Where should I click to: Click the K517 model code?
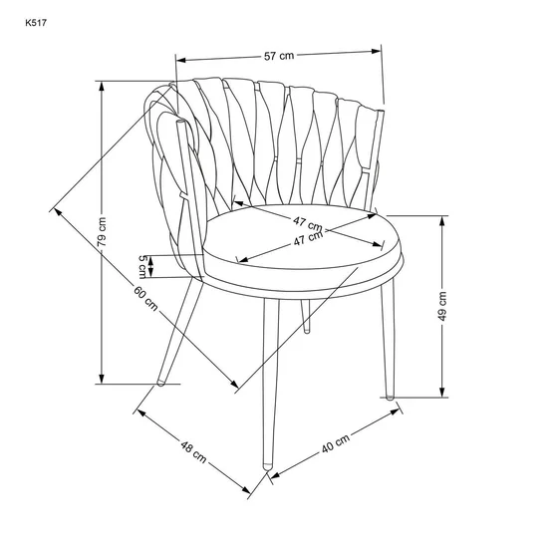(x=36, y=23)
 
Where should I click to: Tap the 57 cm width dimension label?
(x=279, y=56)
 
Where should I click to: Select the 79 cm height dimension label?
(x=102, y=232)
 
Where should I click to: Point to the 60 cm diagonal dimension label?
(x=145, y=298)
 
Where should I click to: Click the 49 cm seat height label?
(x=442, y=306)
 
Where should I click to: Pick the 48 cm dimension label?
(x=193, y=451)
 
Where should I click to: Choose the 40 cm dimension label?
(x=336, y=443)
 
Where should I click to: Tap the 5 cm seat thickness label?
(x=142, y=267)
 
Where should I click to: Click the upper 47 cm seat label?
(x=308, y=224)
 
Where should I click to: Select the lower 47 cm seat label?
(x=308, y=238)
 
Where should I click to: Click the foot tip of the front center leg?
(x=268, y=466)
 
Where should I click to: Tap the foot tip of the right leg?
(x=390, y=397)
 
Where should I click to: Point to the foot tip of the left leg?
(x=160, y=383)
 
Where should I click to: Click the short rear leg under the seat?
(x=306, y=316)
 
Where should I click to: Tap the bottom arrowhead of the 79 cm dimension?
(x=102, y=379)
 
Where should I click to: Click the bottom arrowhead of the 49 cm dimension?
(x=442, y=393)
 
